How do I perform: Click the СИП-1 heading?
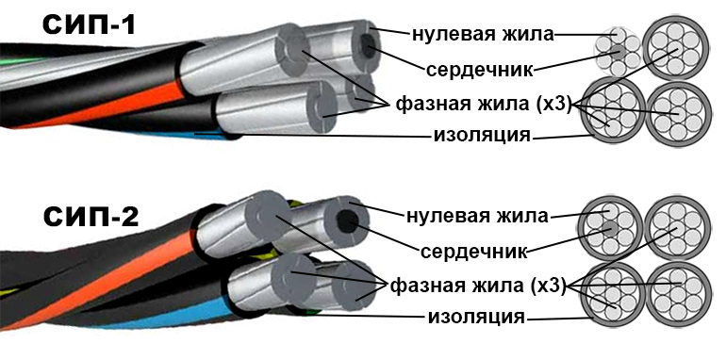click(91, 23)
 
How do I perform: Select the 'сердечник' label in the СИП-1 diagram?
click(481, 69)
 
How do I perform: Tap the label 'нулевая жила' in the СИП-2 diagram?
click(476, 217)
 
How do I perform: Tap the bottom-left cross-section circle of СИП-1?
click(614, 110)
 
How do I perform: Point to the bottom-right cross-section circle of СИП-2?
click(677, 292)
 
